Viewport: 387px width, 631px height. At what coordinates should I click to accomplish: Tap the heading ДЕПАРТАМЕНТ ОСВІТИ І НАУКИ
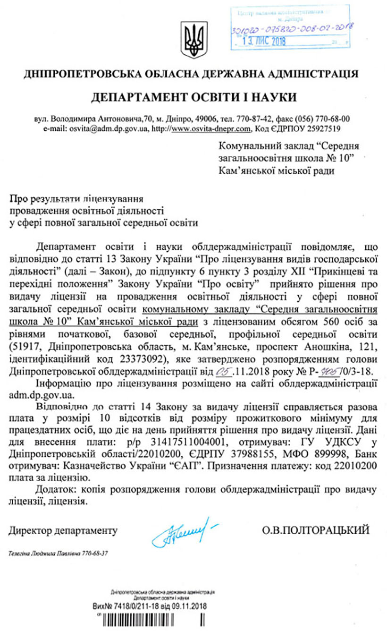pos(194,97)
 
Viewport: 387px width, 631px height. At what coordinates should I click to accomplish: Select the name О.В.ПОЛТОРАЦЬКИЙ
pos(315,530)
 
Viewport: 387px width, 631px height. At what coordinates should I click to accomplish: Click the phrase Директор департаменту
pos(63,530)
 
